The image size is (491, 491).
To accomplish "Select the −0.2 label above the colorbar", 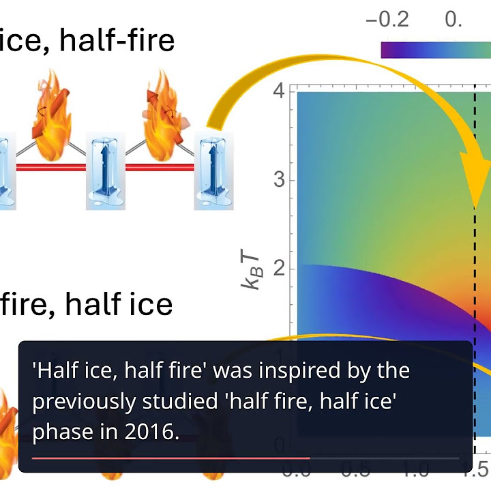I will [387, 19].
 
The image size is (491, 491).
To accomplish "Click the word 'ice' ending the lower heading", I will [151, 303].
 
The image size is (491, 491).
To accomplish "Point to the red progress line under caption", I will [170, 458].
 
